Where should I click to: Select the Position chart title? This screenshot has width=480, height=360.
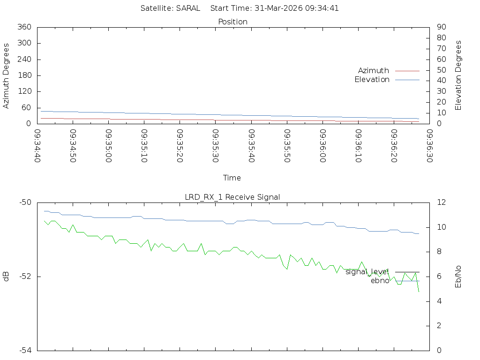tap(233, 22)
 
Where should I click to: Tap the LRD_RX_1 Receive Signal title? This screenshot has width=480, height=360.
tap(232, 197)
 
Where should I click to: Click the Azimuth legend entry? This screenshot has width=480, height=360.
tap(374, 70)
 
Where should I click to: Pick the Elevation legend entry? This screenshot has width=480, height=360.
tap(372, 80)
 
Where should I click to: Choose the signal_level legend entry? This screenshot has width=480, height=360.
tap(367, 271)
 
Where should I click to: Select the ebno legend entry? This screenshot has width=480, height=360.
tap(380, 281)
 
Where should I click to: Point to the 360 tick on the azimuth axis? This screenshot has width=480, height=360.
tap(25, 27)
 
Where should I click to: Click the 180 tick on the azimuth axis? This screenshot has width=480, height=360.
tap(25, 75)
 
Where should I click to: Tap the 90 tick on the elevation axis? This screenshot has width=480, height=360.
tap(441, 27)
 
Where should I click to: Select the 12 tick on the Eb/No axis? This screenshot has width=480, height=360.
tap(440, 202)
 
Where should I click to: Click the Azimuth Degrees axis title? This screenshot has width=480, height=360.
tap(6, 75)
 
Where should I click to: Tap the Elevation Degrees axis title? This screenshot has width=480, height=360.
tap(458, 75)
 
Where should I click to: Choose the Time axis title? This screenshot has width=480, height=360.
tap(232, 178)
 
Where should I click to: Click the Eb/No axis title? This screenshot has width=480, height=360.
tap(458, 277)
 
